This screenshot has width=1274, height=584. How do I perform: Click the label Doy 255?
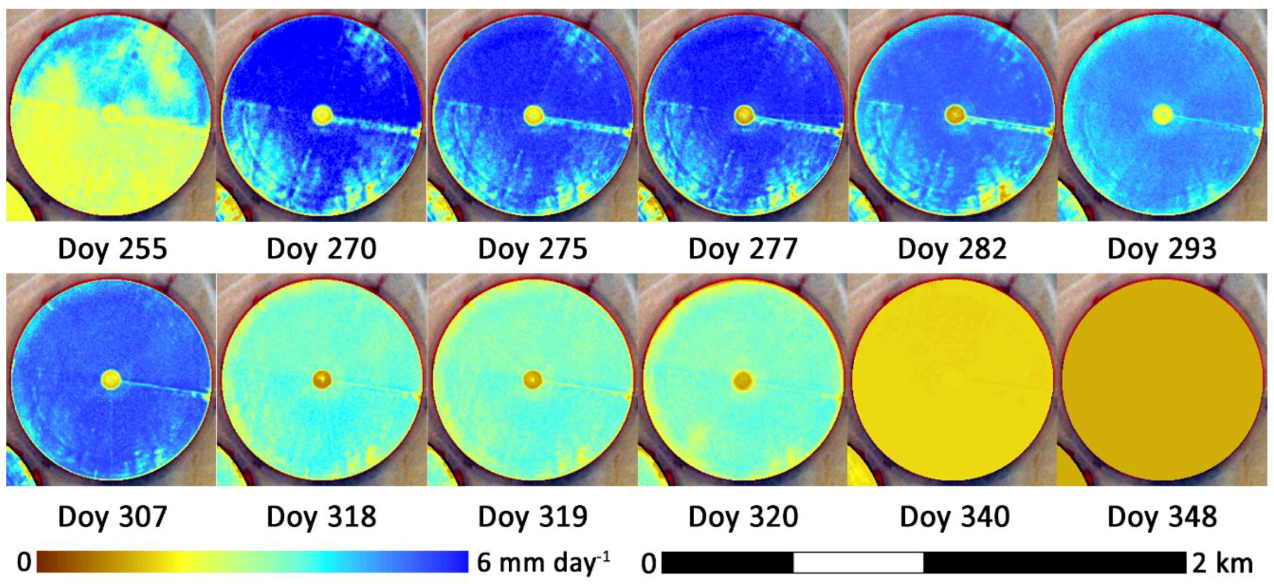coord(112,249)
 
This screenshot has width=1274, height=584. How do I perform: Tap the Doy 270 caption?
coord(321,249)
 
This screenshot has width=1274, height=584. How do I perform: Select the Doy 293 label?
coord(1162,249)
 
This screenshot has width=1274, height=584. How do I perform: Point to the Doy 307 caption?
coord(112,517)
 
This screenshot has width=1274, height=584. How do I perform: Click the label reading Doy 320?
coord(743,517)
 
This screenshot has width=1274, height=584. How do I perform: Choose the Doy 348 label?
coord(1162,517)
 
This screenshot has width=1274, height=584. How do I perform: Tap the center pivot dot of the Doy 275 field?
coord(534,115)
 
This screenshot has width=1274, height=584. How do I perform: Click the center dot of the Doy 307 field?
coord(111,380)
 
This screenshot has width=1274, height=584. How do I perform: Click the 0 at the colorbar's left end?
coord(24,563)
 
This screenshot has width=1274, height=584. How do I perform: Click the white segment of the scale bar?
coord(858,563)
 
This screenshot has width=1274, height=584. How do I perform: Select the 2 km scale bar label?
coord(1222,564)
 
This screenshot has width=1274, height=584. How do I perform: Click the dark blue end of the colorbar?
coord(460,562)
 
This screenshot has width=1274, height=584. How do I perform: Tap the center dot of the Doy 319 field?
coord(532,380)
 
